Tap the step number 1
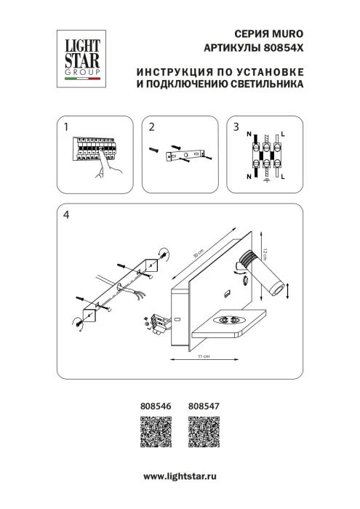pos(66,127)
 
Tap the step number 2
pos(151,127)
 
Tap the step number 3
pos(236,127)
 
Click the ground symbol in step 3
pos(266,180)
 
